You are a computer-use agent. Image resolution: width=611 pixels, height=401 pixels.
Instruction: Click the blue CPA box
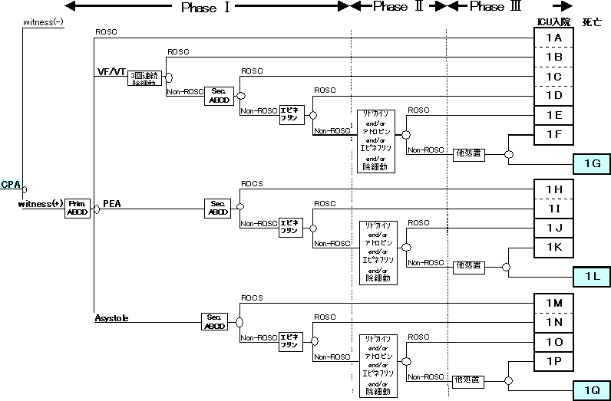click(11, 185)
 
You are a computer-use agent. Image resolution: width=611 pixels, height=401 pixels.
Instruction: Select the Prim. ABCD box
click(78, 208)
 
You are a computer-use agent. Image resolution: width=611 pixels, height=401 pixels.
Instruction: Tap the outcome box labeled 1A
click(553, 38)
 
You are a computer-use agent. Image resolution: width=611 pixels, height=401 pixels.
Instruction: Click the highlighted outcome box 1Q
click(592, 390)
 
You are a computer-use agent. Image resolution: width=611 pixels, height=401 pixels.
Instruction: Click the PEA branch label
click(112, 205)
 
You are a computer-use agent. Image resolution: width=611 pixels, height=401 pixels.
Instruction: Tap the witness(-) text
click(45, 22)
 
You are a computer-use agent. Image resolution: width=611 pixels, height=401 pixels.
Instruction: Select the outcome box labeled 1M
click(553, 304)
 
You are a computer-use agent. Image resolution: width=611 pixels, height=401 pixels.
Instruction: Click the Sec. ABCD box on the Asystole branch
click(215, 321)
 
